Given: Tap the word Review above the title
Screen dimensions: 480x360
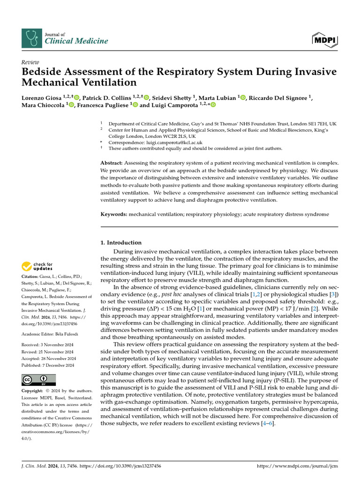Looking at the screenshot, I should click(x=30, y=62).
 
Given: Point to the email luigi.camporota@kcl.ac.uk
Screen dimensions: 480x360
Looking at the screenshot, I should click(x=162, y=142).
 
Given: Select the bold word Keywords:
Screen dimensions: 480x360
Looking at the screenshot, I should click(x=114, y=214).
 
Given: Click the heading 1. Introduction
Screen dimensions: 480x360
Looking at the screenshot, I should click(x=121, y=242).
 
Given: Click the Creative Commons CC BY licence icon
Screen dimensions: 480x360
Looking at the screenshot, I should click(x=38, y=380).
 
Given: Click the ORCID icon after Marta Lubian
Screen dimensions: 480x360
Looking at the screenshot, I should click(x=242, y=97).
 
